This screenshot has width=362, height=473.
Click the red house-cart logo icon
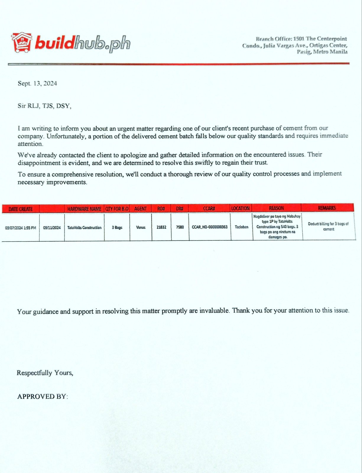21,43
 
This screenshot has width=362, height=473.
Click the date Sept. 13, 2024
37,83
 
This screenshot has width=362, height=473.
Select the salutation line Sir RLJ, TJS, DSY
44,106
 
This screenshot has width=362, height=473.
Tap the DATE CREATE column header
20,209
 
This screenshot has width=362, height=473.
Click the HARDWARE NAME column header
84,209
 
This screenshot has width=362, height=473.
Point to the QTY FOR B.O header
117,209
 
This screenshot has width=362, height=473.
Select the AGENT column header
140,209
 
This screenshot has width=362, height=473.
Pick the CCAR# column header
209,208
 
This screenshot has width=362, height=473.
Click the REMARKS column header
327,208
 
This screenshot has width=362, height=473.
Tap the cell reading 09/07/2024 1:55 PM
20,228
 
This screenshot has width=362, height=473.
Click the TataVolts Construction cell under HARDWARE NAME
84,228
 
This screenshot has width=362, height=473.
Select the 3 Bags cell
117,228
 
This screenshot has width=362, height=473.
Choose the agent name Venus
141,227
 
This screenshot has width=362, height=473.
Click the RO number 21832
161,227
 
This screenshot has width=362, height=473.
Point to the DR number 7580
180,227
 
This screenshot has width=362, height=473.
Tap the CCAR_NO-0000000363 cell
210,227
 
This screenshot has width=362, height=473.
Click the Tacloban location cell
241,227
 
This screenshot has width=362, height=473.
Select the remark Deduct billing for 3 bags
328,226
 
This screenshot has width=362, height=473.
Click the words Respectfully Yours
45,373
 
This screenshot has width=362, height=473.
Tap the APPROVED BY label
43,396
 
